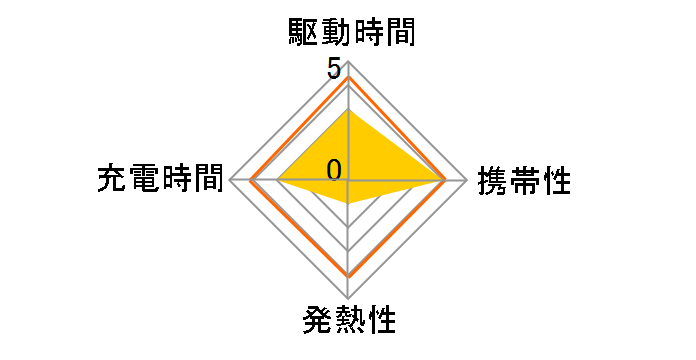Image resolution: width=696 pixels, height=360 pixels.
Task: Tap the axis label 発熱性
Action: coord(348,322)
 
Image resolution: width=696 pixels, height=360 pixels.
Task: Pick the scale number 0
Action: coord(334,169)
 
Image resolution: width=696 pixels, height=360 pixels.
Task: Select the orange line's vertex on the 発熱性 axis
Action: coord(348,275)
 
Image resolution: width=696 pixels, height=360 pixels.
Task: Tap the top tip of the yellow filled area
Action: coord(348,110)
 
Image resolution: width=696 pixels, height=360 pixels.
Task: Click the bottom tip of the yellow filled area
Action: coord(348,204)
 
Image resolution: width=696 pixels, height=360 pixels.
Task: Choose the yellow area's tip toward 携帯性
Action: coord(444,181)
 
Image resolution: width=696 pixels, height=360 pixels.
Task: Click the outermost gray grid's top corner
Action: coord(348,62)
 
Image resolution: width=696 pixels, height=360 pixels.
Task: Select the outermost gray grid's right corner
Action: coord(467,181)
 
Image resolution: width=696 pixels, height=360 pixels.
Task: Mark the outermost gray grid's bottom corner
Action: coord(348,299)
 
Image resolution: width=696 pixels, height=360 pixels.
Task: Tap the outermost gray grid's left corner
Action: coord(230,181)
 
